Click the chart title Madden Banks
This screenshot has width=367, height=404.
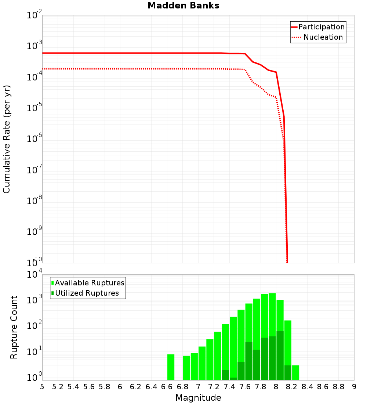coord(183,6)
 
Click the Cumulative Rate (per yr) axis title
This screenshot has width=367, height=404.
coord(7,139)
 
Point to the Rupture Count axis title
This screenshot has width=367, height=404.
coord(14,327)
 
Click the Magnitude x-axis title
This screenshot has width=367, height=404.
coord(198,398)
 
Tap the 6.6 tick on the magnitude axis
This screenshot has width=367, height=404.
coord(167,387)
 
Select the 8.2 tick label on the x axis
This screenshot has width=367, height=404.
coord(292,387)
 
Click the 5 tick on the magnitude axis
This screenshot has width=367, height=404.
coord(42,387)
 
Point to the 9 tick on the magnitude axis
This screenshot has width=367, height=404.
coord(354,387)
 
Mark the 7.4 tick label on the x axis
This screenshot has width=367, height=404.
coord(229,387)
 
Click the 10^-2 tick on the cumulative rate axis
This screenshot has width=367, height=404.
coord(34,16)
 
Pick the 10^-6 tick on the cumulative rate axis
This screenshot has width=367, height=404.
coord(34,139)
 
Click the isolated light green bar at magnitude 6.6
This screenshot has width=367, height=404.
coord(171,367)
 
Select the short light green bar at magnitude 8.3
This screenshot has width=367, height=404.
coord(295,372)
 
